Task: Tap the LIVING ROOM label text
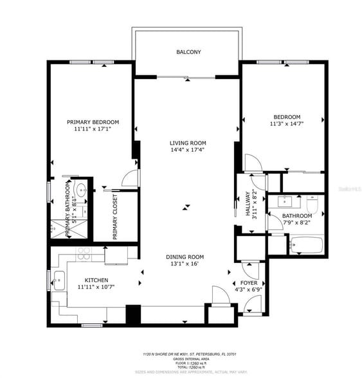[x=188, y=143]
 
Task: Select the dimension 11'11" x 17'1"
[x=93, y=129]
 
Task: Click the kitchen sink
[x=59, y=281]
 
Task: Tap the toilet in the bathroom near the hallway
[x=313, y=204]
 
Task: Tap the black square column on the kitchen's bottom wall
[x=133, y=314]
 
